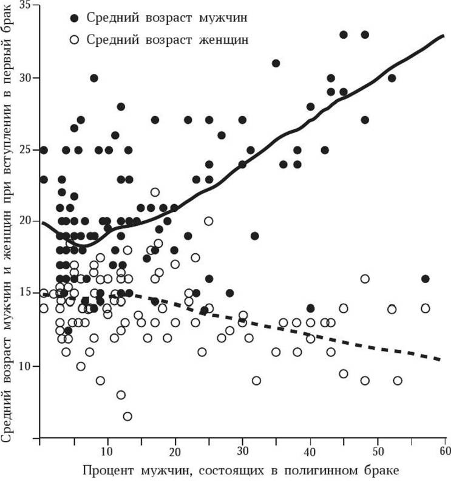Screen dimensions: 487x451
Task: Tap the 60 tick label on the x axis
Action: pyautogui.click(x=444, y=451)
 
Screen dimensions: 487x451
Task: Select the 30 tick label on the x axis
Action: pyautogui.click(x=242, y=451)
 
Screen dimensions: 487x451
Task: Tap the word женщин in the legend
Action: pyautogui.click(x=223, y=40)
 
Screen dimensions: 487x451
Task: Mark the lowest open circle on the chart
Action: pyautogui.click(x=127, y=417)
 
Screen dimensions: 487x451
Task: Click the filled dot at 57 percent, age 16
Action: pyautogui.click(x=425, y=279)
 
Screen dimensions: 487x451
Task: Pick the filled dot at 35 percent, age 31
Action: pyautogui.click(x=276, y=63)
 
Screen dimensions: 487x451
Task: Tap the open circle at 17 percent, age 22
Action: pyautogui.click(x=155, y=192)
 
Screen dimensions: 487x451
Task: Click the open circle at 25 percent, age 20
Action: pyautogui.click(x=209, y=222)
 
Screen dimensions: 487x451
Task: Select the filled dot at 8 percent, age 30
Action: pyautogui.click(x=94, y=78)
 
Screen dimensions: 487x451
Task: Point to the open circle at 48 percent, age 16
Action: pyautogui.click(x=364, y=279)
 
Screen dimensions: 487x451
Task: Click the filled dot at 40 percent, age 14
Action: pyautogui.click(x=310, y=308)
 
